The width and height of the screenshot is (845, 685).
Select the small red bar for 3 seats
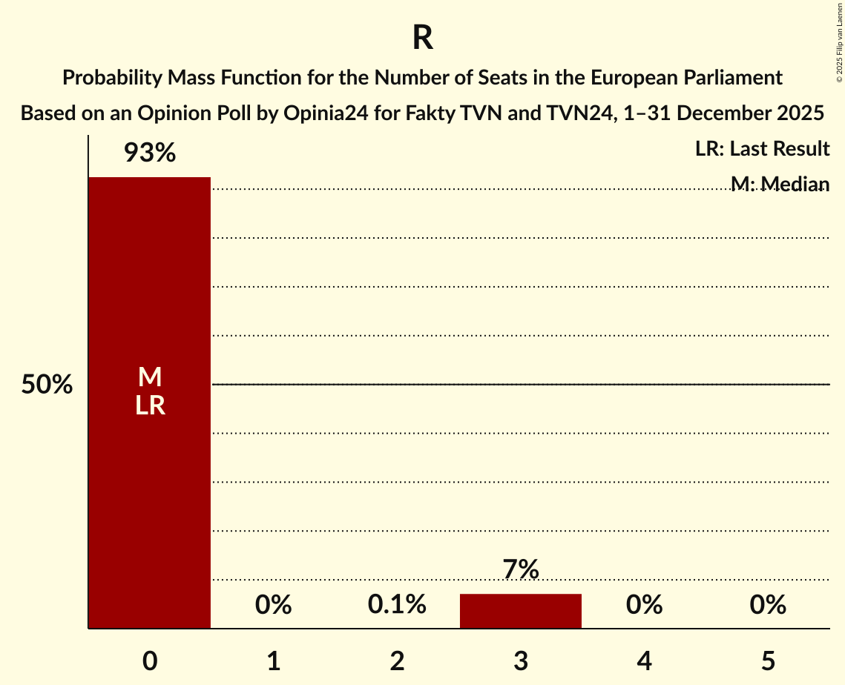point(520,611)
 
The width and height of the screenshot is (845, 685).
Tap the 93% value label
point(149,153)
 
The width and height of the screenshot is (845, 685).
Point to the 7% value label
point(520,570)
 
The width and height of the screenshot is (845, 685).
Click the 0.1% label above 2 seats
point(397,606)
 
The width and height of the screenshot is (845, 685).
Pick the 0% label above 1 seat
point(273,606)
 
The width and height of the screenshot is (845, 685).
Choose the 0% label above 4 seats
point(644,606)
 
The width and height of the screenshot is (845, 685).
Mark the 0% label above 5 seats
point(767,606)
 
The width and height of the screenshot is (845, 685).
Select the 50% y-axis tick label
point(47,385)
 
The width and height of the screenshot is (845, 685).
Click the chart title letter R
point(423,39)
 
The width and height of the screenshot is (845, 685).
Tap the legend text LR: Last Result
point(762,149)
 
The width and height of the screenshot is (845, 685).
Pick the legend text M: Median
point(780,184)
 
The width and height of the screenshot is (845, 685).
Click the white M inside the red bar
point(150,377)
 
